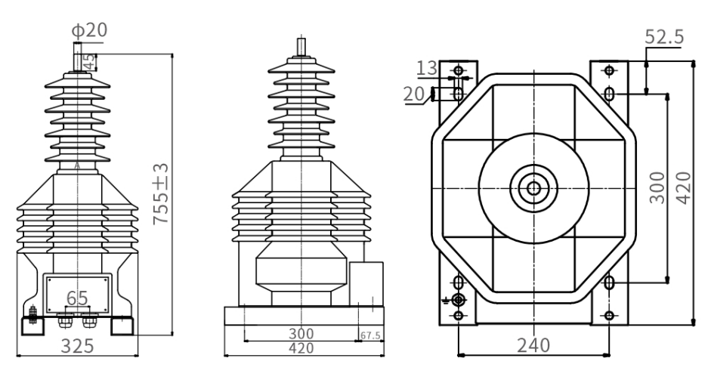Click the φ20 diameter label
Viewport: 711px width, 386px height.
coord(89,30)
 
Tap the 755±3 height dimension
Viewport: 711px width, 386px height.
coord(161,193)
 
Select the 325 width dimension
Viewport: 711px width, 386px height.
coord(77,346)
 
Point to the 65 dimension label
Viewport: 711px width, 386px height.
coord(77,298)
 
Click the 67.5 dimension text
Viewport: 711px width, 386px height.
coord(370,335)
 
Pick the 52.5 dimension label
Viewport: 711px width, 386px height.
coord(664,37)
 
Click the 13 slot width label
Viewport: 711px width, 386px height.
coord(427,68)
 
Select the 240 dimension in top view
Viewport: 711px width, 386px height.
coord(533,345)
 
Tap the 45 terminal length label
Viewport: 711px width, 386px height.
coord(90,62)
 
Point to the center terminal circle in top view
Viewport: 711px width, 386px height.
coord(533,188)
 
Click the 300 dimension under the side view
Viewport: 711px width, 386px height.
coord(301,334)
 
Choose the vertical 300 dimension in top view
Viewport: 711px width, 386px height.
coord(657,188)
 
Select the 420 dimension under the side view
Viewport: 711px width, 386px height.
coord(301,348)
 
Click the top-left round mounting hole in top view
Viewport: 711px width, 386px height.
coord(459,70)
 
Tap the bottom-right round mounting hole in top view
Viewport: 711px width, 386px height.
coord(610,315)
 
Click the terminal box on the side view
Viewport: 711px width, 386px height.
coord(366,284)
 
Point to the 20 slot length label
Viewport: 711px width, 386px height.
coord(413,94)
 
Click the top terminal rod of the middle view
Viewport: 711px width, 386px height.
coord(301,47)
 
